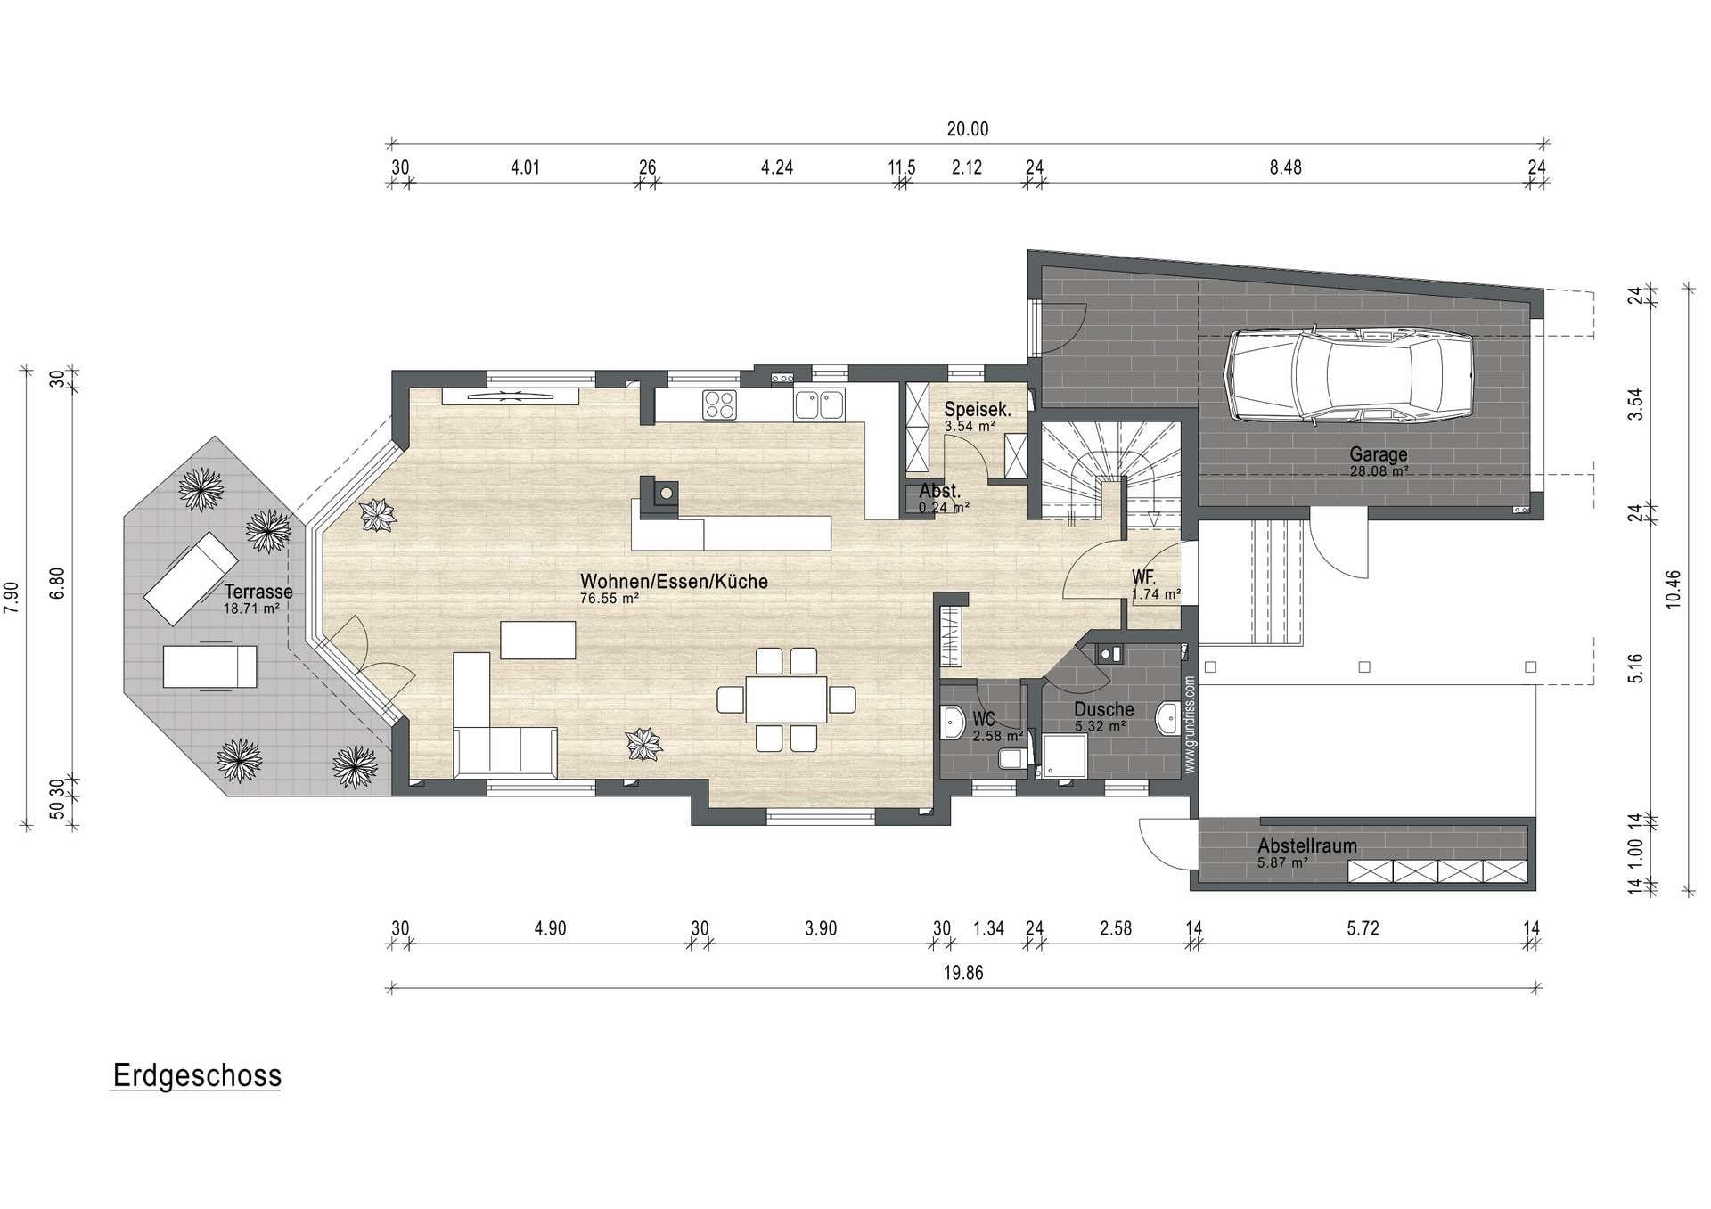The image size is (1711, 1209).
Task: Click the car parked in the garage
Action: click(x=1350, y=375)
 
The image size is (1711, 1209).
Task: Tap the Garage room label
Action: click(x=1378, y=454)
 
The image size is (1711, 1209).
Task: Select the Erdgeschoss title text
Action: click(x=197, y=1075)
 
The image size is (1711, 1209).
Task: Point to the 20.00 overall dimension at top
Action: click(x=968, y=129)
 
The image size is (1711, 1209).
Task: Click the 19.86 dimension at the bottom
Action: click(x=963, y=973)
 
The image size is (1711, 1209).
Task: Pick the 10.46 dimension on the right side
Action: click(x=1673, y=589)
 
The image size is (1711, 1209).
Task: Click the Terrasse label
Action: click(x=258, y=592)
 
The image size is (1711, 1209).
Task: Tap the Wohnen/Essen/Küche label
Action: click(x=674, y=582)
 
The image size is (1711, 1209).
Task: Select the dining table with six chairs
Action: click(x=787, y=699)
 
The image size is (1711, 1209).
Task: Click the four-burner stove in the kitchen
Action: click(x=719, y=404)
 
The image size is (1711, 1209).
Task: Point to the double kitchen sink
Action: click(x=819, y=404)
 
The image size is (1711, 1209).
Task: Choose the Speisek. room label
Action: click(x=978, y=410)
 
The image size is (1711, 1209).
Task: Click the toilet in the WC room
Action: click(x=1012, y=758)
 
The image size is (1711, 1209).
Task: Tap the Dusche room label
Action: click(x=1104, y=710)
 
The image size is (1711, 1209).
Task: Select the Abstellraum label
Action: click(x=1307, y=846)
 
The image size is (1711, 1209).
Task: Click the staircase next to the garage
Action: click(x=1111, y=472)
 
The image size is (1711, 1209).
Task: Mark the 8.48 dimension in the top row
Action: click(x=1286, y=167)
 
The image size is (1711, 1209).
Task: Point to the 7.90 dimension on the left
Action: click(x=12, y=597)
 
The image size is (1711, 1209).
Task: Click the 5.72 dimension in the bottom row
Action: click(x=1363, y=928)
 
